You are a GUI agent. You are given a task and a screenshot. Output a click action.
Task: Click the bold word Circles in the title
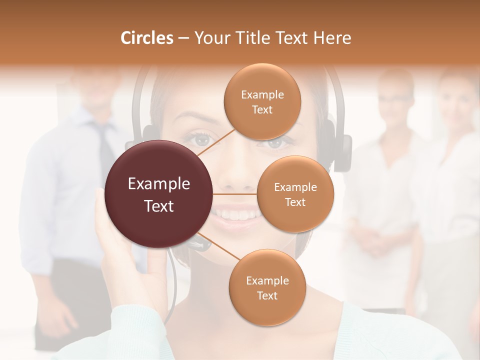coord(147,38)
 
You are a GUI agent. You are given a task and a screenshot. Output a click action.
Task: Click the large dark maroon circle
coord(159,194)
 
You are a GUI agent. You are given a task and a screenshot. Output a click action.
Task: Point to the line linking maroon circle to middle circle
coord(235,194)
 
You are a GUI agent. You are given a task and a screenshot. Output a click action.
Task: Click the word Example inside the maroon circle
coord(159,184)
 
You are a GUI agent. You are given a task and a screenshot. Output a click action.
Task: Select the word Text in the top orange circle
coord(262,110)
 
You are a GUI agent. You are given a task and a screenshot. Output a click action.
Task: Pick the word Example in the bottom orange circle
coord(267,281)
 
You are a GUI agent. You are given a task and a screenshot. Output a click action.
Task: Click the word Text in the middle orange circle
coord(295,202)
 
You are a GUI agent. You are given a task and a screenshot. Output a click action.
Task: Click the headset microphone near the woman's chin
coord(200,244)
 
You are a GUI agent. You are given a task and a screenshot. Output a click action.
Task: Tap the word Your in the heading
coord(212,38)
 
